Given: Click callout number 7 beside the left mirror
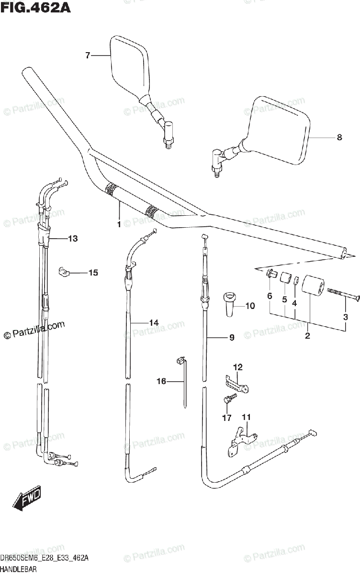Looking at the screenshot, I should pyautogui.click(x=88, y=56).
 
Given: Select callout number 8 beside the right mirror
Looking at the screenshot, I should pyautogui.click(x=339, y=138).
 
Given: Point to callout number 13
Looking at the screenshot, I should pyautogui.click(x=72, y=238).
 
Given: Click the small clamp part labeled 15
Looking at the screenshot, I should pyautogui.click(x=64, y=272).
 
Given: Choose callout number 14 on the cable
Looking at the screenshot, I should pyautogui.click(x=153, y=323).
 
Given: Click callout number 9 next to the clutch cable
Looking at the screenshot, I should pyautogui.click(x=231, y=338).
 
